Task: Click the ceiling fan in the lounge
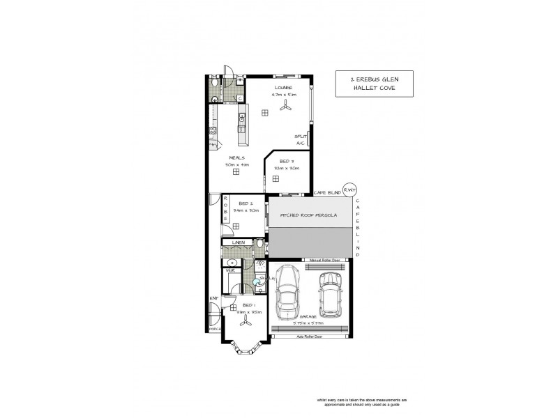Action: [x=285, y=106]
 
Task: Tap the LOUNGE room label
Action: [x=282, y=87]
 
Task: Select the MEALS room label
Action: [x=235, y=158]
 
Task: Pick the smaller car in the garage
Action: [x=329, y=292]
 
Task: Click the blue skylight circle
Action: [x=258, y=281]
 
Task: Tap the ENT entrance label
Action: [x=213, y=298]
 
